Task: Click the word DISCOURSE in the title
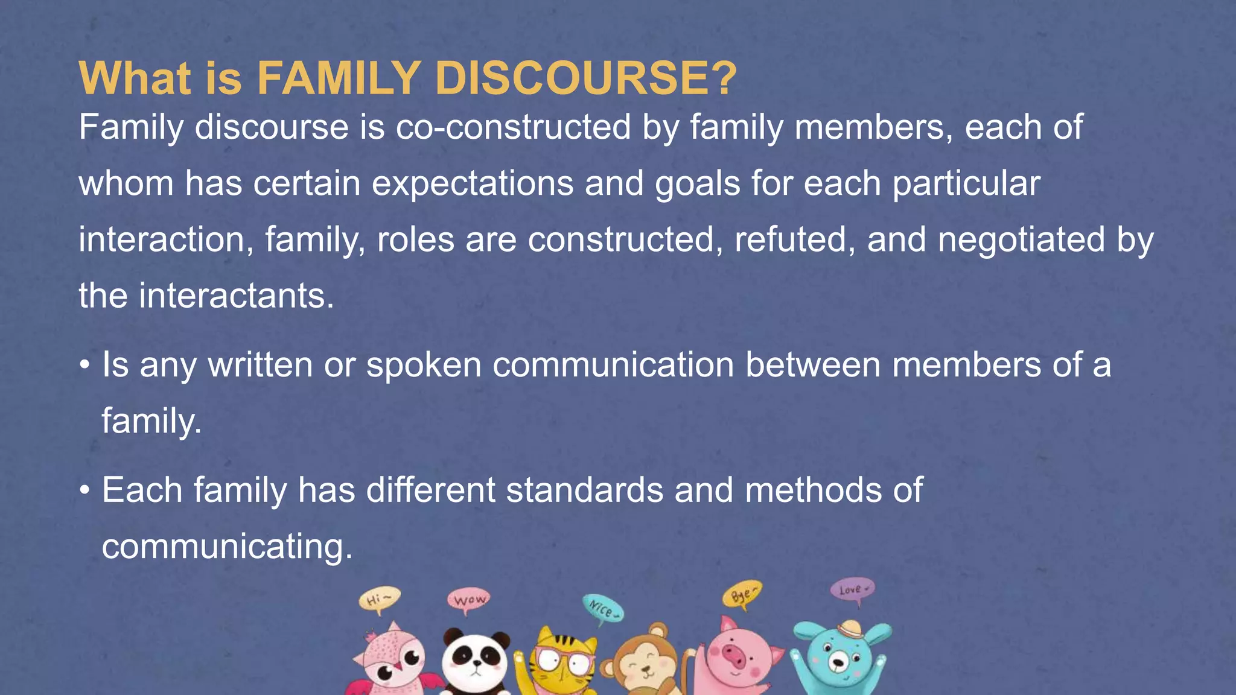click(585, 78)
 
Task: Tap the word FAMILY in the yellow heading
click(339, 78)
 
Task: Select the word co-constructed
click(514, 127)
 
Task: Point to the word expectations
click(473, 183)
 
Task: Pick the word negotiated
click(1022, 240)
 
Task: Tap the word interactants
click(236, 296)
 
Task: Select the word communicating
click(227, 547)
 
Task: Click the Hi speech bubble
click(379, 600)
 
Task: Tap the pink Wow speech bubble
click(469, 600)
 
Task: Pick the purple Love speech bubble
click(852, 589)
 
